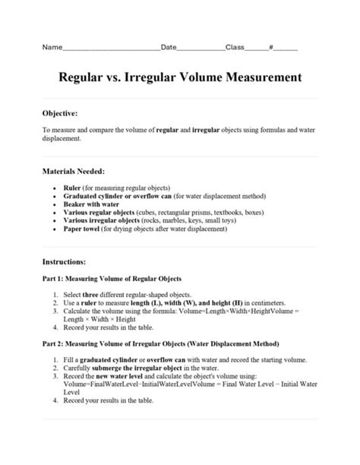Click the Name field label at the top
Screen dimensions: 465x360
51,47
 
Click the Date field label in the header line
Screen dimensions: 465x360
169,47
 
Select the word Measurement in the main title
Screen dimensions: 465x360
258,78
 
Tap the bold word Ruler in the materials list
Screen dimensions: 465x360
72,187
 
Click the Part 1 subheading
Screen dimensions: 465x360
111,278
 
